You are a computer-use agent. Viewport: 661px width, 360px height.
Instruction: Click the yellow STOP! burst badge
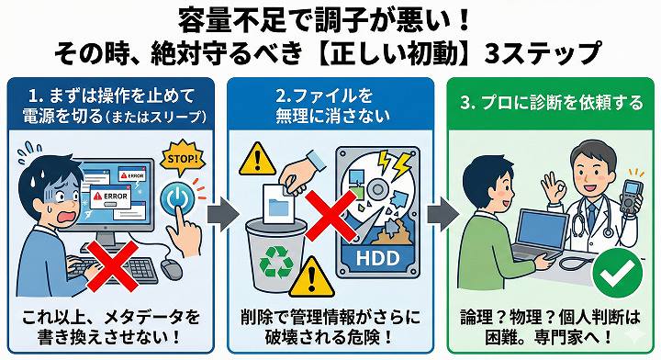point(182,158)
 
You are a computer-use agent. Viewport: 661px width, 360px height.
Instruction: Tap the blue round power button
point(177,197)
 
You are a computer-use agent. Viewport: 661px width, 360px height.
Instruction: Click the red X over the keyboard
point(111,265)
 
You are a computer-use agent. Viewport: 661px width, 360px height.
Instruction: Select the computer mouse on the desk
point(172,268)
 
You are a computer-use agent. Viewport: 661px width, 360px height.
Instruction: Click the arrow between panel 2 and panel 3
point(443,214)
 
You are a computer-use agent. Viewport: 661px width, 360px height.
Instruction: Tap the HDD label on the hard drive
point(377,258)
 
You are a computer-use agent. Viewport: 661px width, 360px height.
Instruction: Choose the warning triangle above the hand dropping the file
point(258,160)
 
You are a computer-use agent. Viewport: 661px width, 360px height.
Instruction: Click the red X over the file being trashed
point(330,216)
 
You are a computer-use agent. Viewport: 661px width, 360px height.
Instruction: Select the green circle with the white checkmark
point(617,274)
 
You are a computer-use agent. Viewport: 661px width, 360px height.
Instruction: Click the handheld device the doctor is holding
point(631,198)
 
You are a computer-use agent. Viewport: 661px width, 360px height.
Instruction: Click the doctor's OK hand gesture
point(554,186)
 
